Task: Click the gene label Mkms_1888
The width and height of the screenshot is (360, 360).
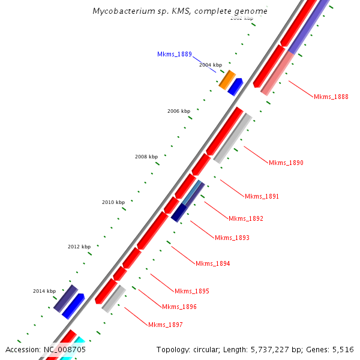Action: pyautogui.click(x=331, y=97)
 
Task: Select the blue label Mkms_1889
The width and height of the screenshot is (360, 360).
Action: pyautogui.click(x=174, y=54)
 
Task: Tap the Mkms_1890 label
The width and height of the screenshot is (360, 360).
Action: pyautogui.click(x=286, y=163)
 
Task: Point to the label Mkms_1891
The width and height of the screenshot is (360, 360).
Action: pyautogui.click(x=262, y=196)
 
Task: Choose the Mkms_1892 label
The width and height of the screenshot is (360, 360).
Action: pyautogui.click(x=245, y=218)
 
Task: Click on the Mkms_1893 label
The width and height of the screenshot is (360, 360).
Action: pyautogui.click(x=232, y=238)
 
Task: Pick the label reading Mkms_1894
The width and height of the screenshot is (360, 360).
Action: pyautogui.click(x=212, y=263)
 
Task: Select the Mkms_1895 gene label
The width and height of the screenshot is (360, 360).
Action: pyautogui.click(x=191, y=291)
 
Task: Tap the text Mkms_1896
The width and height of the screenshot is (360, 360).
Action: pyautogui.click(x=179, y=307)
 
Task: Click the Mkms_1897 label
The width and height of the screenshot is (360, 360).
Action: pyautogui.click(x=165, y=325)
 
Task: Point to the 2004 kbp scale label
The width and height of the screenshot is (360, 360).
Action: pyautogui.click(x=210, y=64)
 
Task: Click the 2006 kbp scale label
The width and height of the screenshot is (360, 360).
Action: pyautogui.click(x=178, y=111)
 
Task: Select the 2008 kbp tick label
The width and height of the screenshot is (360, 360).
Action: pyautogui.click(x=146, y=157)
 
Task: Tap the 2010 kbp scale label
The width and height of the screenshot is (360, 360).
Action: pyautogui.click(x=113, y=202)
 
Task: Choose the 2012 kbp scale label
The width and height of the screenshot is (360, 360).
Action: pyautogui.click(x=79, y=247)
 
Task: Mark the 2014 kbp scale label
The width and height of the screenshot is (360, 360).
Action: pyautogui.click(x=44, y=291)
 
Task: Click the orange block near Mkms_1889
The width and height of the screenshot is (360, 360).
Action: pyautogui.click(x=226, y=79)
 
